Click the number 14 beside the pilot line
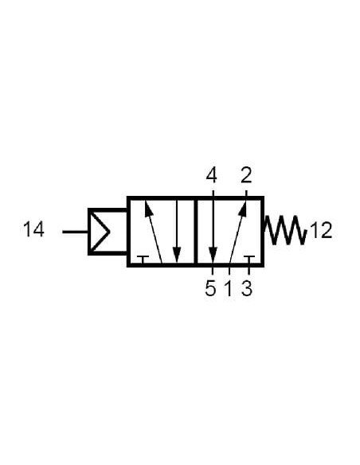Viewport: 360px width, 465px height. tap(33, 229)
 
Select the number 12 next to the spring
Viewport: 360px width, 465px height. tap(321, 230)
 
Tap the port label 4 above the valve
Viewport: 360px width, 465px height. tap(211, 175)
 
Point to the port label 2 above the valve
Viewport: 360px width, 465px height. tap(246, 175)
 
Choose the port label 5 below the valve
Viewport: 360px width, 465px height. tap(210, 288)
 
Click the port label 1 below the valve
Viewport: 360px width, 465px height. tap(229, 288)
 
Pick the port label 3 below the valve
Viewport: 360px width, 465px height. tap(247, 288)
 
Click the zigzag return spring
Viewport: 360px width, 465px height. tap(285, 230)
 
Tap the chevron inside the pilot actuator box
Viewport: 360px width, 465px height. tap(100, 232)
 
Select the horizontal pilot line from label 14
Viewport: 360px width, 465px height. tap(76, 232)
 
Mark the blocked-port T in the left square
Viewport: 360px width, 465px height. tap(143, 260)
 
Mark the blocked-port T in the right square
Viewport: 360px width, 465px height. tap(248, 260)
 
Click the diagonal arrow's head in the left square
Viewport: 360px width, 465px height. tap(149, 208)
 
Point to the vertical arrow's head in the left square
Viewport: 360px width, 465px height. tap(177, 255)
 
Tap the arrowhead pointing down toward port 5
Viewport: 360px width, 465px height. tap(213, 255)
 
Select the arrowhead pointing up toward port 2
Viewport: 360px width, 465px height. tap(243, 208)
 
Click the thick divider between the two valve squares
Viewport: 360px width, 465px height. tap(196, 232)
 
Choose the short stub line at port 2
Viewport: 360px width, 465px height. tap(246, 193)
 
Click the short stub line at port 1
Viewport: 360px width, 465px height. tap(229, 271)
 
